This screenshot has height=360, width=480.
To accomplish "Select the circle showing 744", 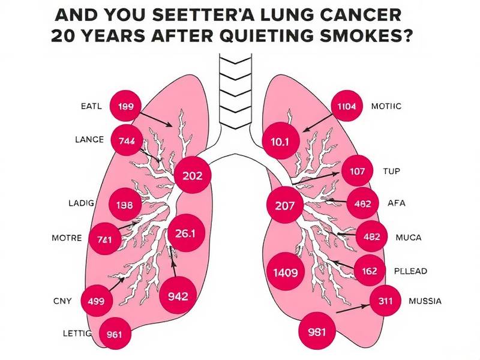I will click(127, 140).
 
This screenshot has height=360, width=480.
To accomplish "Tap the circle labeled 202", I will click(196, 176).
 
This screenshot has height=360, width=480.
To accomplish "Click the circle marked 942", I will click(178, 295).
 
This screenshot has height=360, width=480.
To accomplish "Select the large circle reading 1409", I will click(285, 272).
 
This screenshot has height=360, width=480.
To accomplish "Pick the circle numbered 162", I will click(370, 271).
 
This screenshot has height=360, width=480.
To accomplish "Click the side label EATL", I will click(91, 106).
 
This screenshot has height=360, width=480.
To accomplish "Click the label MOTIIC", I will click(386, 106).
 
